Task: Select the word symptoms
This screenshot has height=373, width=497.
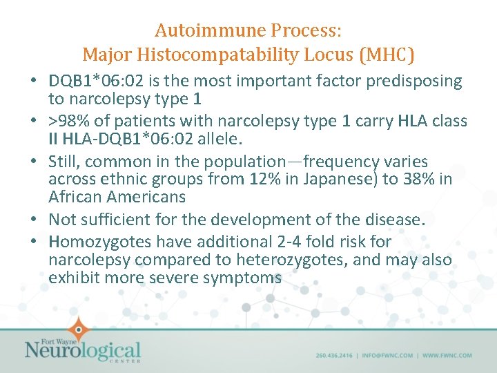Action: pyautogui.click(x=246, y=278)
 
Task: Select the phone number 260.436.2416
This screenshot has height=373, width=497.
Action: pyautogui.click(x=334, y=356)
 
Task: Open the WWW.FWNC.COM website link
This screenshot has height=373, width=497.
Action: pyautogui.click(x=447, y=356)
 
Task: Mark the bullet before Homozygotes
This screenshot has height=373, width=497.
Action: pyautogui.click(x=34, y=242)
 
